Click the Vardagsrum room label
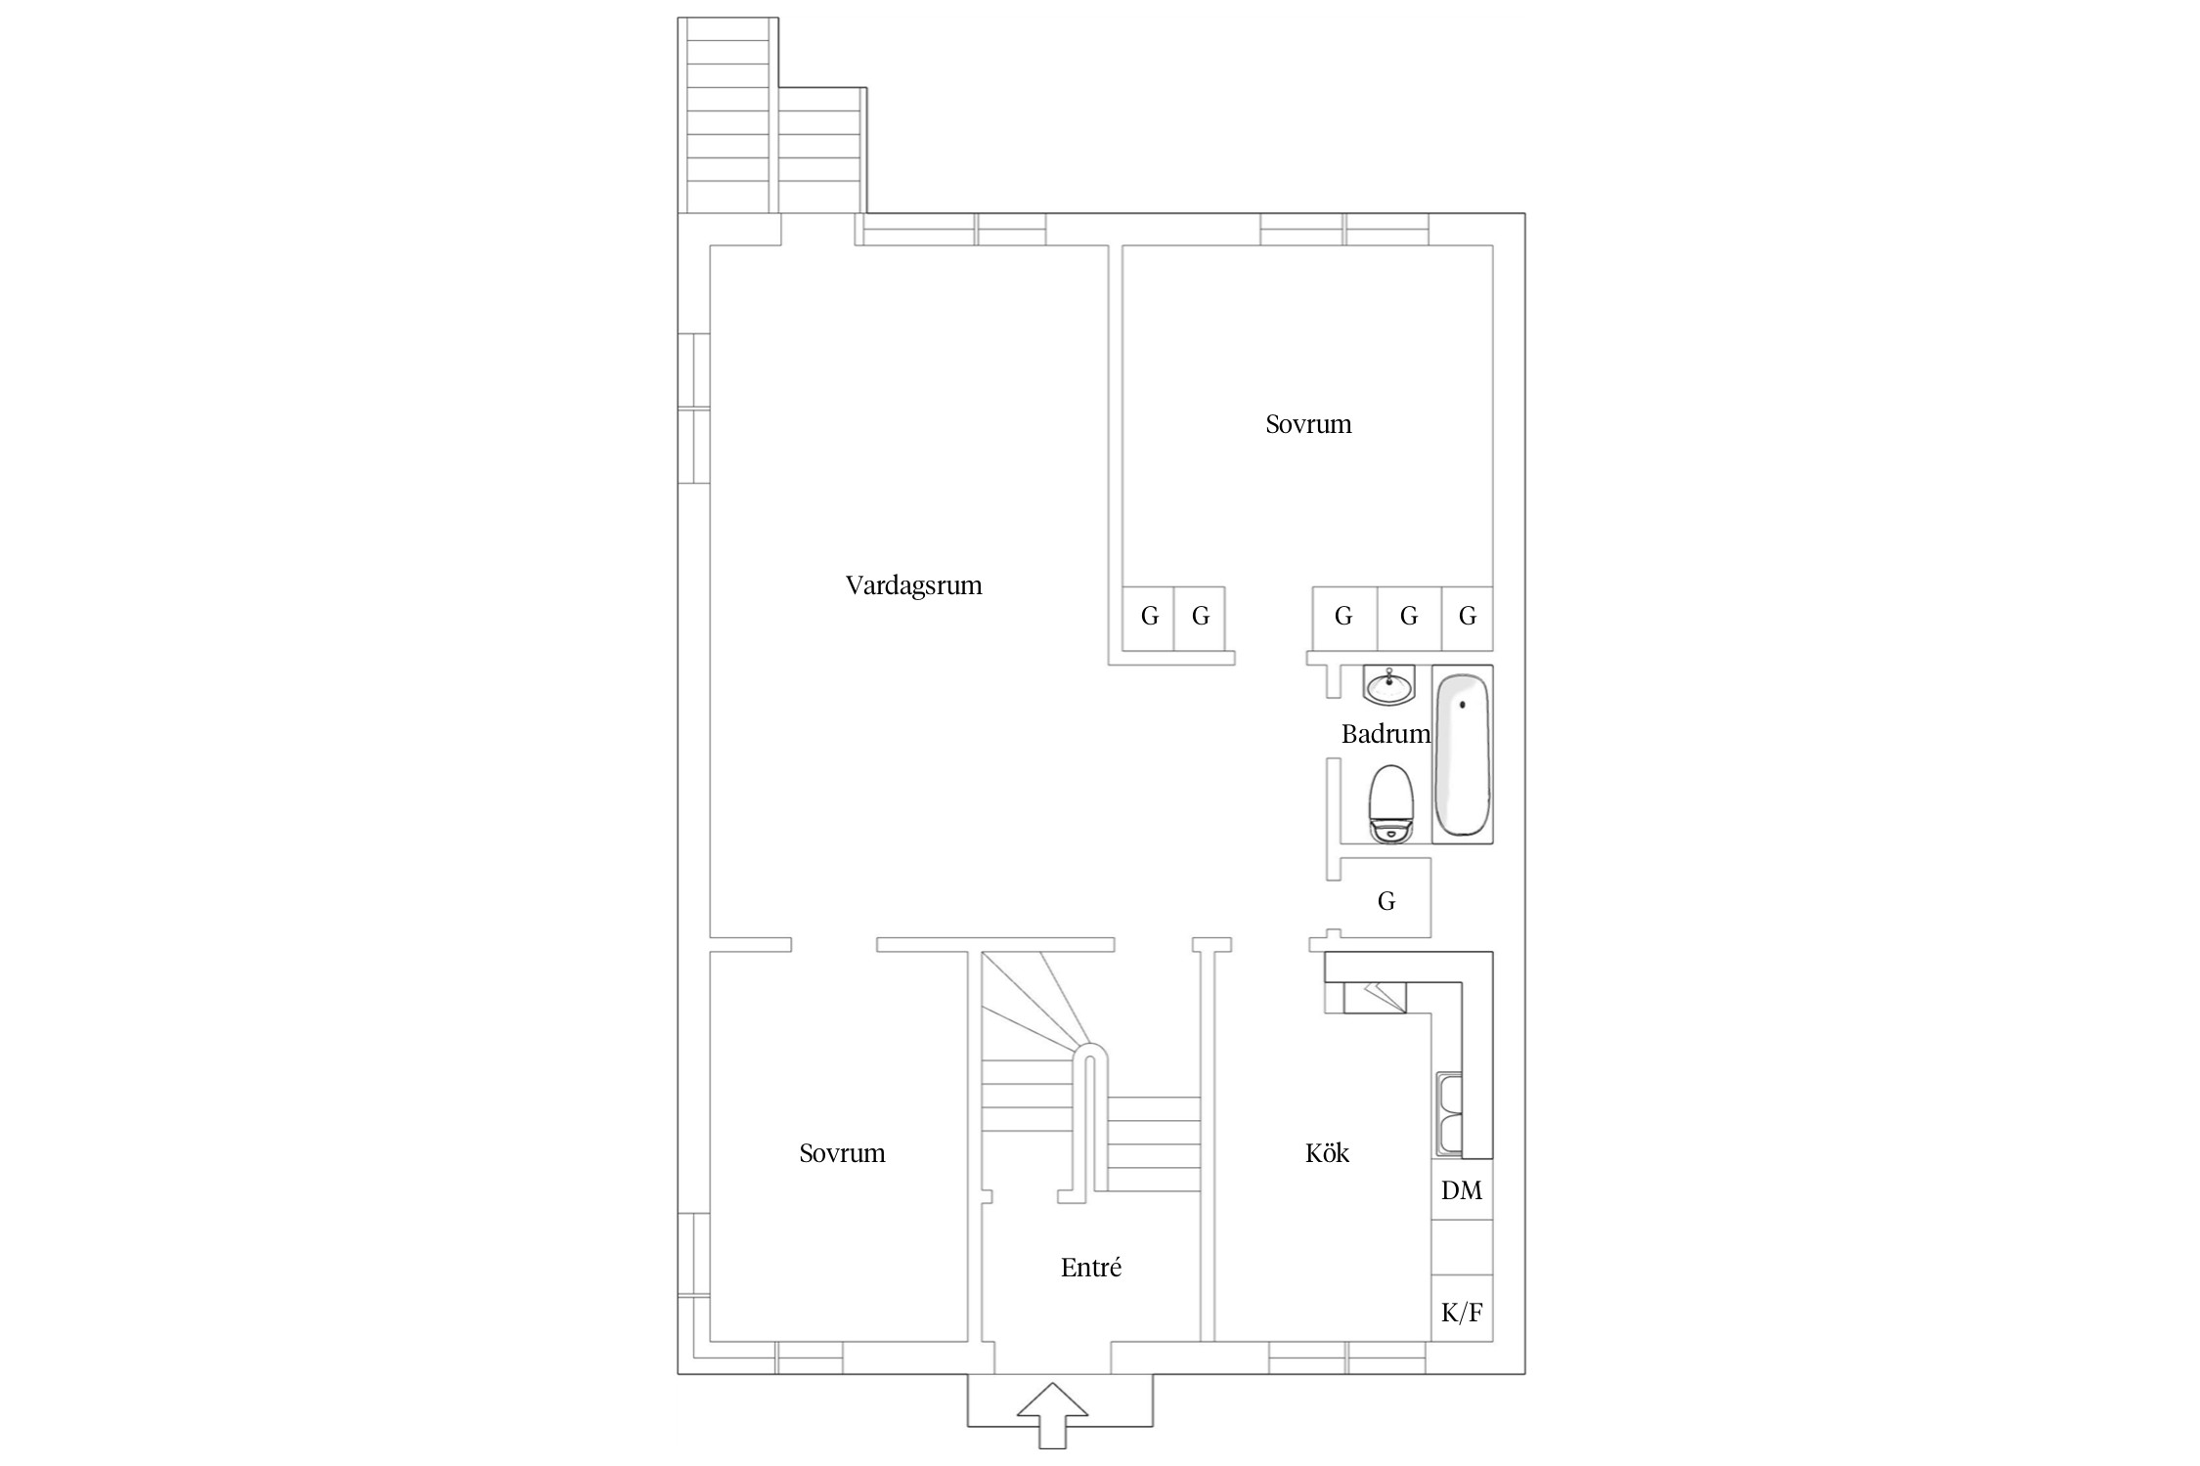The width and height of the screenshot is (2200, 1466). click(913, 585)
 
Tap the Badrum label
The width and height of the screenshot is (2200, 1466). click(1386, 734)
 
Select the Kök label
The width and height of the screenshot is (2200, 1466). click(1327, 1153)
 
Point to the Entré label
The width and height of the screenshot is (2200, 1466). click(1091, 1268)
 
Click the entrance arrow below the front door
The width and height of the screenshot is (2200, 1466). click(1052, 1412)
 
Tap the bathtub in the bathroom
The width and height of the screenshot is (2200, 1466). click(1463, 755)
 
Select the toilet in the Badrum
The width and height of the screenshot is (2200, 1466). click(1390, 804)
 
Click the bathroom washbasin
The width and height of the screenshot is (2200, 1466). click(1388, 686)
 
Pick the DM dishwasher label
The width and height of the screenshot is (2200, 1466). click(1462, 1190)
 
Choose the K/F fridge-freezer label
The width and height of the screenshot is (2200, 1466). click(1462, 1312)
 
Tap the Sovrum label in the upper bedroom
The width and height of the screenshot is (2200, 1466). click(1308, 424)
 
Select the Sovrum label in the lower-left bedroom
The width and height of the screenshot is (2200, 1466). click(842, 1153)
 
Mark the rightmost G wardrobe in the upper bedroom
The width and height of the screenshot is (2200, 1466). click(1468, 617)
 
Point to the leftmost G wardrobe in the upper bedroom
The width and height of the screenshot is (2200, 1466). click(1149, 617)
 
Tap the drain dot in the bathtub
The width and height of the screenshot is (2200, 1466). click(1463, 705)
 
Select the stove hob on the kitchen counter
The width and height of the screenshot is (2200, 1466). click(1375, 997)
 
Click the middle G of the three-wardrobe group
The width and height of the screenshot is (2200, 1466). click(1409, 617)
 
